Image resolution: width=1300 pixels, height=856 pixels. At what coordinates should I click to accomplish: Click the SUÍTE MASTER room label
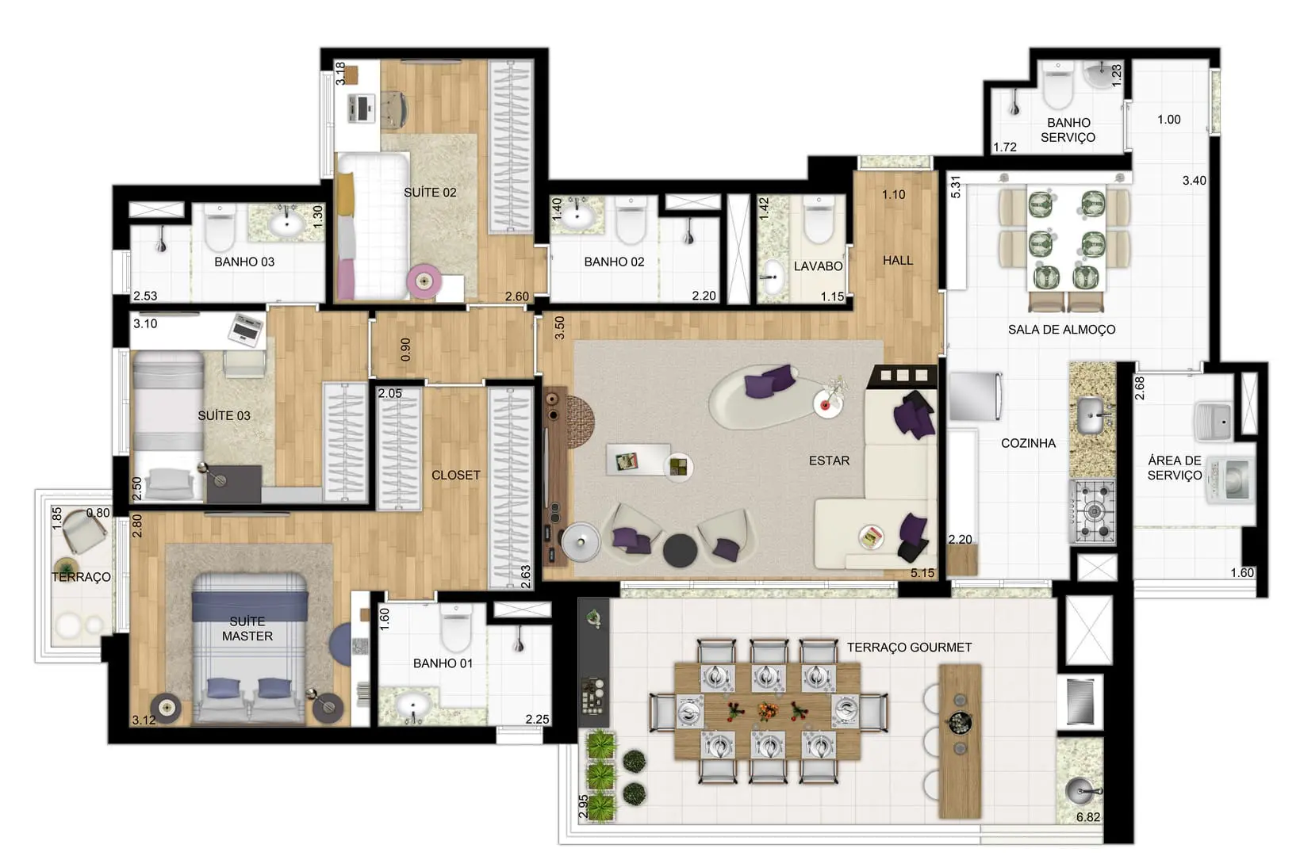(x=247, y=629)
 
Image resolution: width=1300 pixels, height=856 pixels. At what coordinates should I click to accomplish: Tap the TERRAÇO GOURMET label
(x=909, y=648)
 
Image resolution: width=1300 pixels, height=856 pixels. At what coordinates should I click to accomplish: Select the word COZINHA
(x=1028, y=443)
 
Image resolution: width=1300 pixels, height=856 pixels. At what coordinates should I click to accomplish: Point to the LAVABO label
(x=818, y=266)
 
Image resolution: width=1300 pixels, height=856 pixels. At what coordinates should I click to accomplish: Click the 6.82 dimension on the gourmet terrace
(x=1087, y=817)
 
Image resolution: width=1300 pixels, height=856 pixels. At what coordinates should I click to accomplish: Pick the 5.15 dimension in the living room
(x=922, y=573)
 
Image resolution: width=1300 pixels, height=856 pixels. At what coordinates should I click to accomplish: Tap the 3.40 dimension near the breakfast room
(x=1195, y=181)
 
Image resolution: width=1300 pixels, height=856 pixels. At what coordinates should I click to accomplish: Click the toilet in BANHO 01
(x=455, y=628)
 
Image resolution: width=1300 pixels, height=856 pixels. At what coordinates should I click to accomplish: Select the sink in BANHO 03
(x=286, y=223)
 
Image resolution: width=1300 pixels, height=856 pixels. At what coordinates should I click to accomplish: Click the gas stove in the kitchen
(x=1093, y=511)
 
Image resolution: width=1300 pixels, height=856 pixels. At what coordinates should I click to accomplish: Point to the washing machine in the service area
(x=1229, y=479)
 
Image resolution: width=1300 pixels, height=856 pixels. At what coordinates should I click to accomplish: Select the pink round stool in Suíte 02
(x=424, y=282)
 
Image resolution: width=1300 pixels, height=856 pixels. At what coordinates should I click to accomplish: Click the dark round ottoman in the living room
(x=680, y=550)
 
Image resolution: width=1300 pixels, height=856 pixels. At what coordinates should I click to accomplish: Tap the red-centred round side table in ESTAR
(x=826, y=403)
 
